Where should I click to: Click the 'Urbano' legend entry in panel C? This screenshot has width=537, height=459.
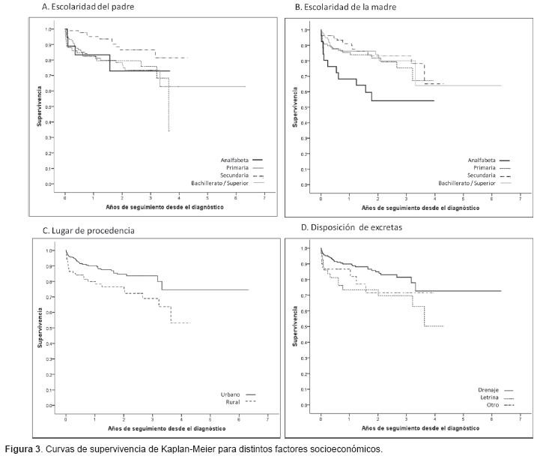(230, 394)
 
